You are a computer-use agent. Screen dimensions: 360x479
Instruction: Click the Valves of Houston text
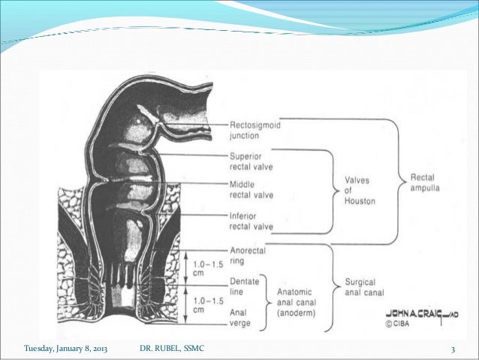coord(361,190)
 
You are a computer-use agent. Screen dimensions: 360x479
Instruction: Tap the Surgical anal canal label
coord(364,289)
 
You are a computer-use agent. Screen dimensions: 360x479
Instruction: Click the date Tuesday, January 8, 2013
coord(66,349)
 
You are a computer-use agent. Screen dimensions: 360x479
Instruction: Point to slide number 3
coord(453,349)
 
